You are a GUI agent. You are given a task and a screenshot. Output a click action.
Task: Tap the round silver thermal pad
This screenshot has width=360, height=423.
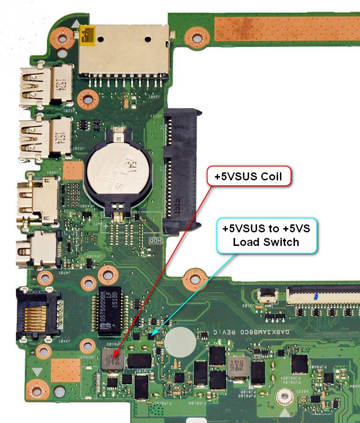coord(179,336)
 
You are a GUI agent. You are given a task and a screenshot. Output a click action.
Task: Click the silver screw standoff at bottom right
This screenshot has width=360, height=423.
coord(282,399)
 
